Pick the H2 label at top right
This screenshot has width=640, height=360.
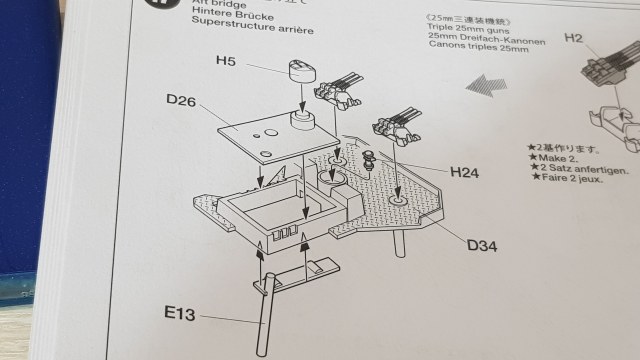click(x=574, y=38)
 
